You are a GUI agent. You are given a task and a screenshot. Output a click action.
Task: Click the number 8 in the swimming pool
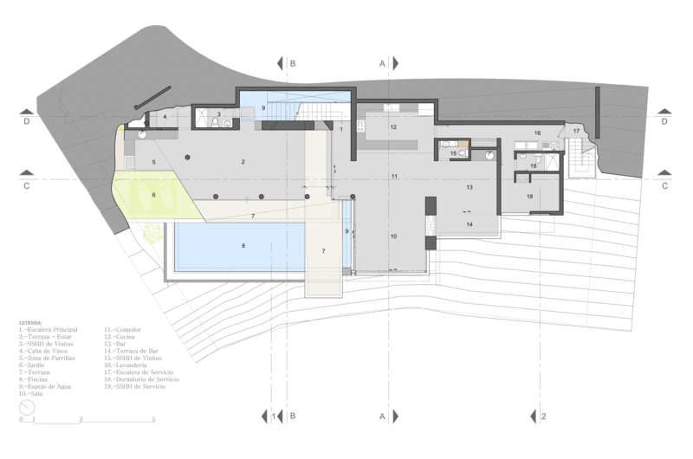[x=243, y=247]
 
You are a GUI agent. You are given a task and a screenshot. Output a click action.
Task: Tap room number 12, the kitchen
[x=392, y=127]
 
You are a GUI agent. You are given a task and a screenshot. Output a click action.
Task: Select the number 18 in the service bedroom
[x=530, y=197]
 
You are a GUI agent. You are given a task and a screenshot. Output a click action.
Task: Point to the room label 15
[x=454, y=153]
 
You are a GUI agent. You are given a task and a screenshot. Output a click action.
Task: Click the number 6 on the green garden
[x=153, y=196]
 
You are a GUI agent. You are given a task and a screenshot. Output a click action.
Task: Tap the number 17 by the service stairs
[x=576, y=130]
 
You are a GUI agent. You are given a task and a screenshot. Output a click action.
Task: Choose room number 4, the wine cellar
[x=164, y=115]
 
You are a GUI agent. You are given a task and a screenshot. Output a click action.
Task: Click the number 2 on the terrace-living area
[x=243, y=162]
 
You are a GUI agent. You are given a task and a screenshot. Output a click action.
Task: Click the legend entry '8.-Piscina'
[x=38, y=379]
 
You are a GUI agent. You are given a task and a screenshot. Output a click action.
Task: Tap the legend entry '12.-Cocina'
[x=123, y=337]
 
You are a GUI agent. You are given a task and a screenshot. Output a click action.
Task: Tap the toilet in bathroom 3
[x=227, y=124]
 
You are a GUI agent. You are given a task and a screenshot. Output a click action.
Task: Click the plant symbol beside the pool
[x=152, y=232]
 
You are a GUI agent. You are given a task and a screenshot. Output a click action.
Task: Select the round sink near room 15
[x=489, y=156]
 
